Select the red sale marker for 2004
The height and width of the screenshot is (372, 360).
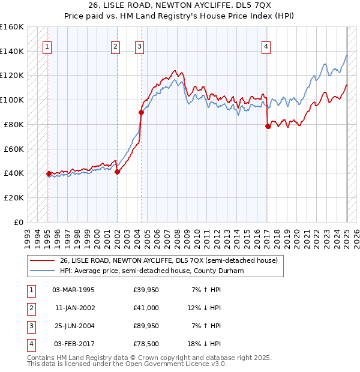click(x=142, y=112)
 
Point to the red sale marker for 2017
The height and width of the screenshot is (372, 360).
click(x=268, y=126)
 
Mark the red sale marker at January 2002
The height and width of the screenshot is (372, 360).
click(x=117, y=172)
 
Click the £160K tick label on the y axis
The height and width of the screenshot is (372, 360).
click(x=12, y=27)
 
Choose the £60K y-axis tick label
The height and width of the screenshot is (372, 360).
click(x=14, y=149)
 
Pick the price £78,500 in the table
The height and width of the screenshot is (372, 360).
click(x=146, y=344)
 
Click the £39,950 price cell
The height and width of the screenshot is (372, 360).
click(x=146, y=290)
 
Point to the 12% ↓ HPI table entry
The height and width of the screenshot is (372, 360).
click(x=203, y=308)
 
